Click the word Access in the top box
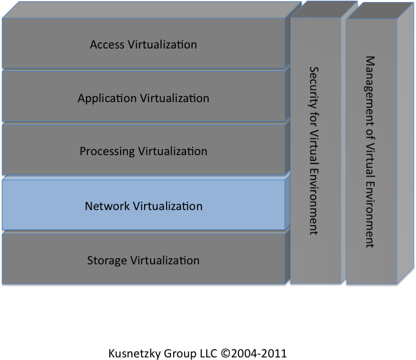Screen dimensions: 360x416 107,45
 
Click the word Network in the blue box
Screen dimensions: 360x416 107,206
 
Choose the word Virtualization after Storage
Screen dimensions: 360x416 165,260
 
